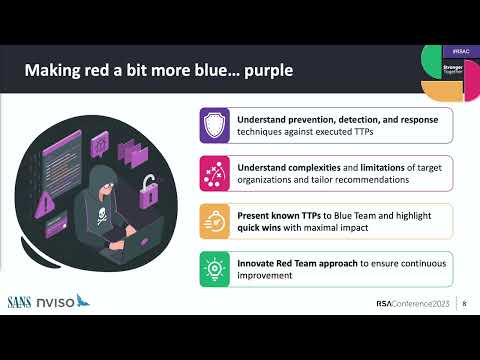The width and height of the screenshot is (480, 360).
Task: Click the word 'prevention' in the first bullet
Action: [306, 118]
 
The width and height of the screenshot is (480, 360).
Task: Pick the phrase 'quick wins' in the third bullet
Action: [260, 226]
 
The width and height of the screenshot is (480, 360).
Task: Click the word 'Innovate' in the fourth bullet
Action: [258, 259]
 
